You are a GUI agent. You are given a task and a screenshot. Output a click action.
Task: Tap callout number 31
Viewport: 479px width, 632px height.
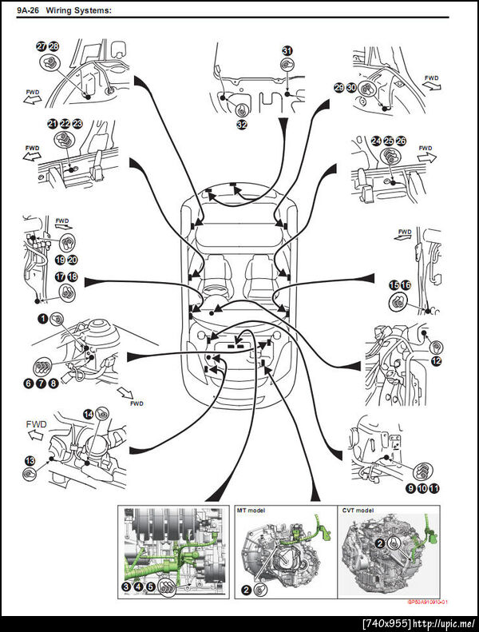[287, 50]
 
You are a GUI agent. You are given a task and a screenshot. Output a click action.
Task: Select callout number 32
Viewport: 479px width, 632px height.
[240, 124]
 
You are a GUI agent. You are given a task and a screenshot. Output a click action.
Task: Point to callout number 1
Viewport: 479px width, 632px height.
[42, 319]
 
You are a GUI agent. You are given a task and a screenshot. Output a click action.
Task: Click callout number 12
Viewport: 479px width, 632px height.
[436, 362]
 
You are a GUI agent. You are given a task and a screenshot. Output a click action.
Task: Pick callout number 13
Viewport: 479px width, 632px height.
[29, 460]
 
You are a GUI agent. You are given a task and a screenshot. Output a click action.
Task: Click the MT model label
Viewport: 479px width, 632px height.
[255, 509]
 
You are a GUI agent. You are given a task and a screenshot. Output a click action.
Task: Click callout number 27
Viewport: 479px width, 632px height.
[42, 46]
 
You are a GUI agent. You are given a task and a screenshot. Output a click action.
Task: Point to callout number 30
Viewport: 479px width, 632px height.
[350, 87]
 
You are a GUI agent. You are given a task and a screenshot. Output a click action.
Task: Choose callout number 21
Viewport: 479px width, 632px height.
[53, 124]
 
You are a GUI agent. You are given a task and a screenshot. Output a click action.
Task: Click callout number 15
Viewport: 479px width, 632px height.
[394, 284]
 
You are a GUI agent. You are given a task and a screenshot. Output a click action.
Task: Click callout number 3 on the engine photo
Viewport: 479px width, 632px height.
[126, 586]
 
